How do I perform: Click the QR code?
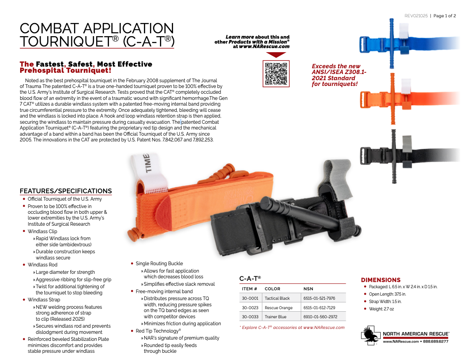point(276,74)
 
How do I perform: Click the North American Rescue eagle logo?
point(371,334)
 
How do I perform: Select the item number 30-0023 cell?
point(250,308)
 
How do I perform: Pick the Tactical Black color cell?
point(277,298)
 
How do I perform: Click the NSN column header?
point(308,289)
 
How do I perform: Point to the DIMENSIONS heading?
point(380,280)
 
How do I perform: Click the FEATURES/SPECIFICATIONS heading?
point(66,191)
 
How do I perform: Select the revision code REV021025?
point(416,16)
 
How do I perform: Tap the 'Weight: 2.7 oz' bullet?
point(381,309)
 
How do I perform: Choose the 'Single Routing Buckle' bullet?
point(159,264)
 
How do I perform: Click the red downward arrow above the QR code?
point(276,55)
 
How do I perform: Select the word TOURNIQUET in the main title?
point(66,42)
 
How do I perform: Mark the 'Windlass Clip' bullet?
point(42,231)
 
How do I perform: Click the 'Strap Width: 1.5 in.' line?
point(385,301)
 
